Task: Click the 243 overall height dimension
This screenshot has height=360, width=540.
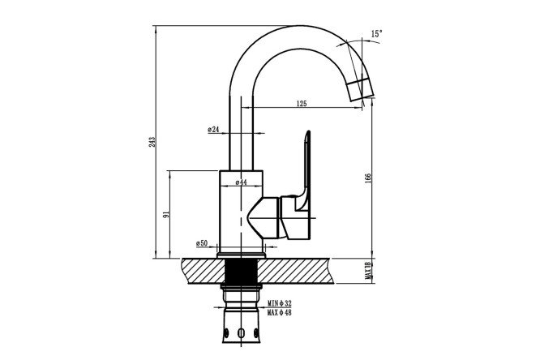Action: click(x=152, y=142)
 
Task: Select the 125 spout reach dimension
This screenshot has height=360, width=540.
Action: click(x=302, y=103)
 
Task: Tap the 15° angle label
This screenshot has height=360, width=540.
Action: click(x=377, y=34)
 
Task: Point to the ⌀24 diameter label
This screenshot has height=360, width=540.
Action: click(x=213, y=130)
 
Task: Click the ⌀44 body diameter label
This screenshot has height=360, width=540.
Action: click(x=242, y=182)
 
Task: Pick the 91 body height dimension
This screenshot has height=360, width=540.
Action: click(x=167, y=214)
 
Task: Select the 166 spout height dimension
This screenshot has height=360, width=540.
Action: click(x=368, y=178)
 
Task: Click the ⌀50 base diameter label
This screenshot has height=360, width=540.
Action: click(x=202, y=243)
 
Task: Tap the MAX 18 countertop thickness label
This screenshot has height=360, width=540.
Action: click(x=368, y=271)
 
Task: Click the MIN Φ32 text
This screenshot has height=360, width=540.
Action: click(x=280, y=303)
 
